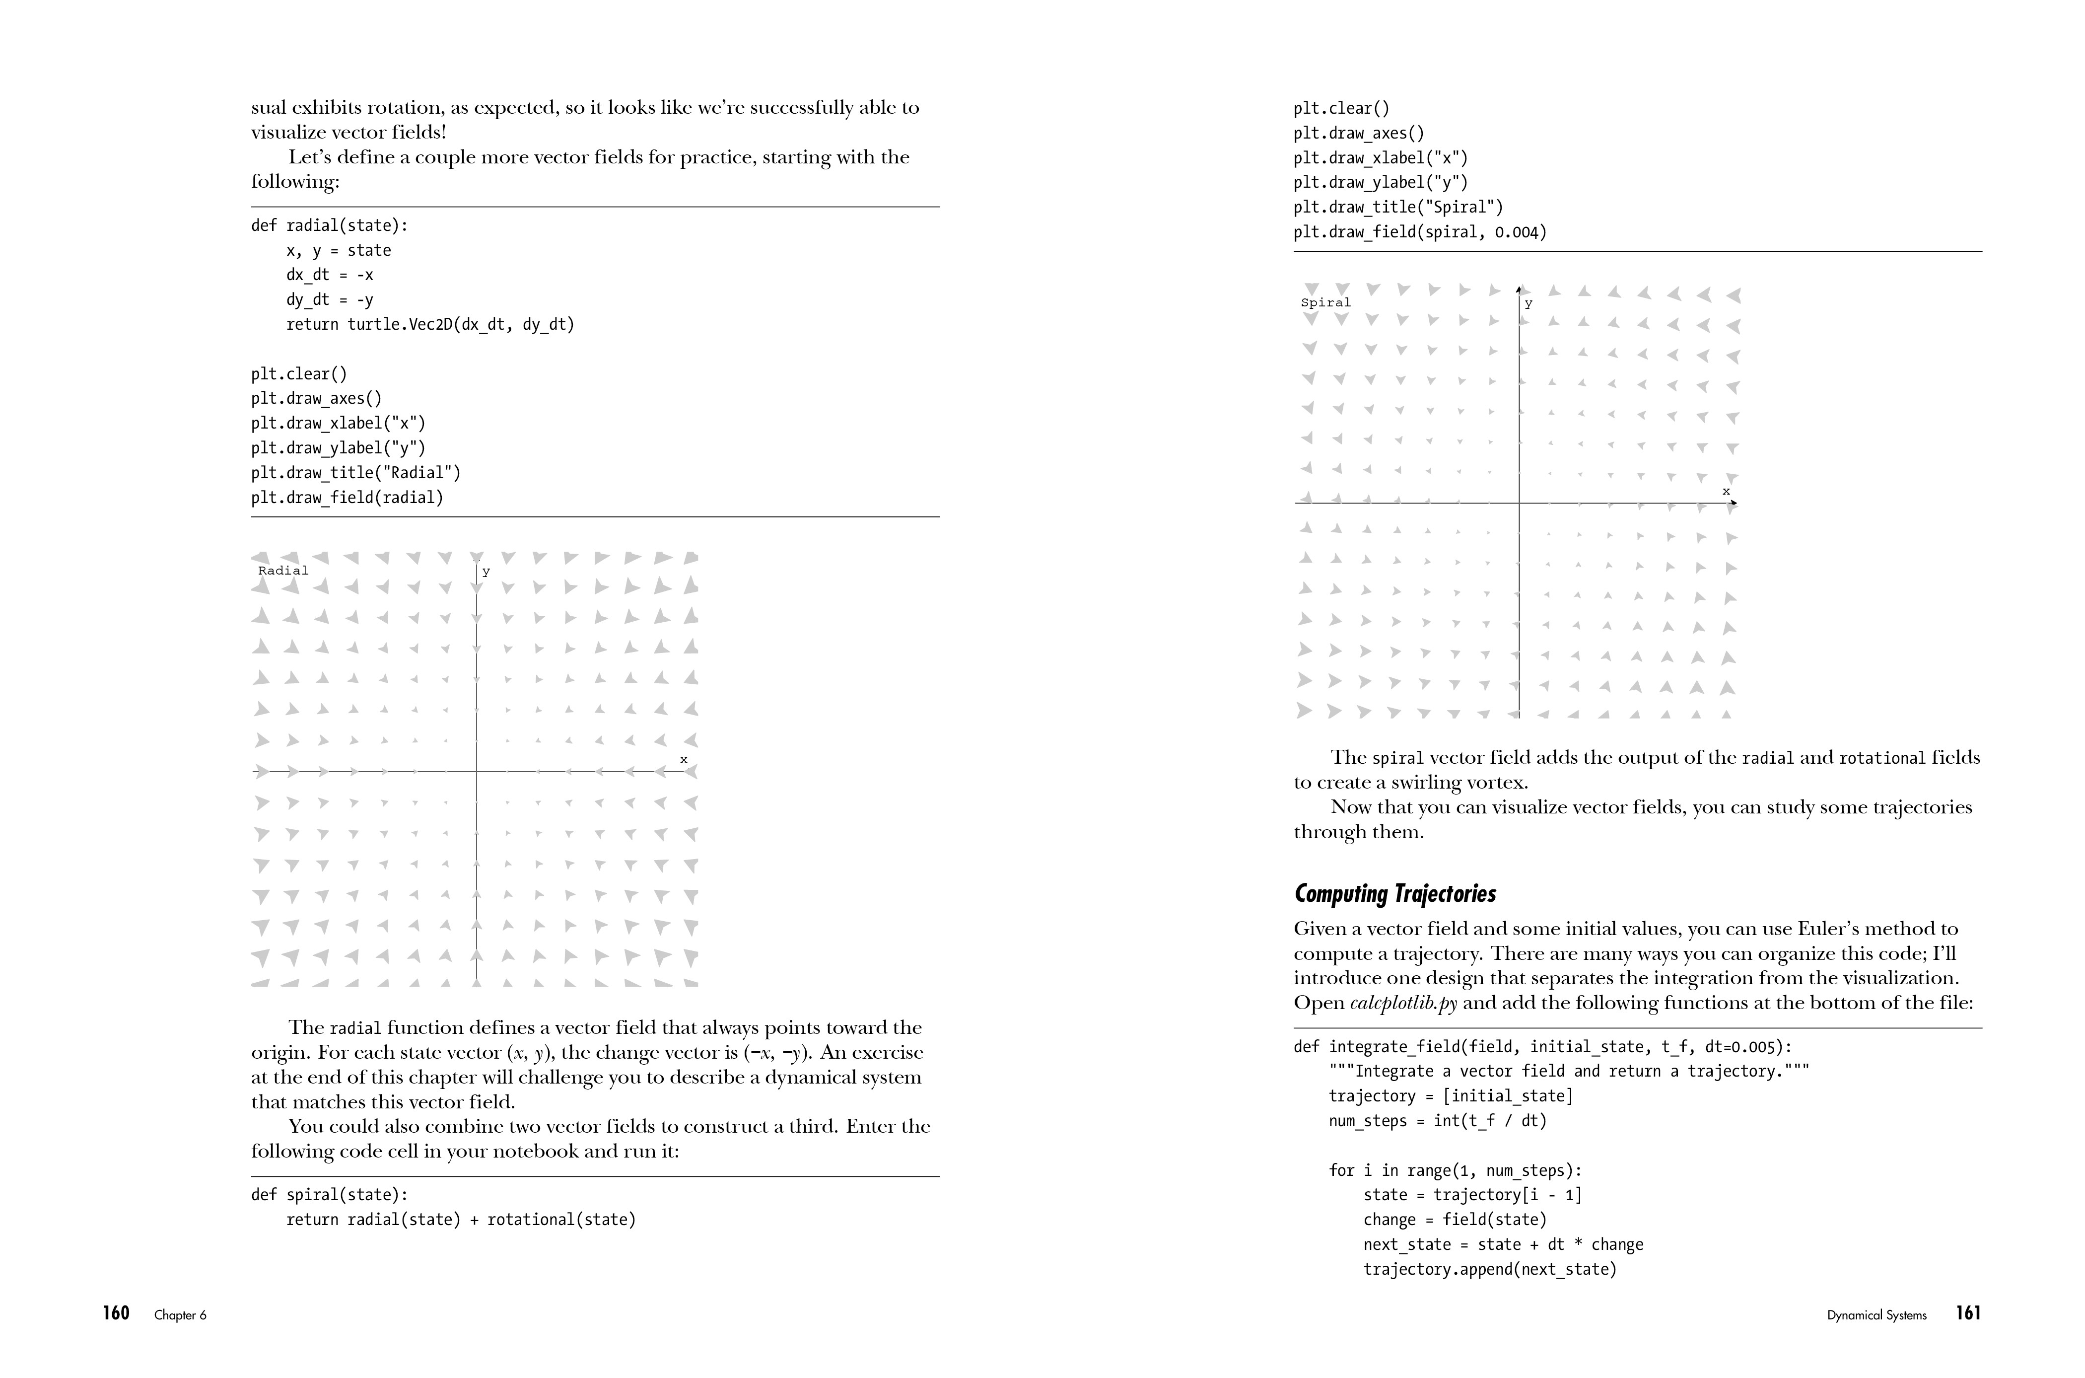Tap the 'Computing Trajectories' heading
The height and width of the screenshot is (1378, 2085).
coord(1394,894)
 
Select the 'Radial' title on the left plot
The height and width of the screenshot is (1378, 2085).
coord(283,571)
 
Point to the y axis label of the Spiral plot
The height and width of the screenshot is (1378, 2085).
coord(1529,304)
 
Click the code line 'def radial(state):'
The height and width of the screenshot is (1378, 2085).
coord(330,226)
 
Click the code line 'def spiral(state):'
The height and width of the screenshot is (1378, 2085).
coord(330,1195)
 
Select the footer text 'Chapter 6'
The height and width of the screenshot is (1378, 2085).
coord(180,1315)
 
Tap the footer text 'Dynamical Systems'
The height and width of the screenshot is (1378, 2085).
coord(1877,1315)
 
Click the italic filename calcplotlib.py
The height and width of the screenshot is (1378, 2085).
coord(1403,1003)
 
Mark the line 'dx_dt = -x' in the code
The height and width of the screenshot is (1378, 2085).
coord(330,275)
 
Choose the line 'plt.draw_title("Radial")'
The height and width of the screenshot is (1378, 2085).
coord(356,473)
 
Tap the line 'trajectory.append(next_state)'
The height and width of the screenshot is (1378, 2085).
coord(1489,1270)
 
